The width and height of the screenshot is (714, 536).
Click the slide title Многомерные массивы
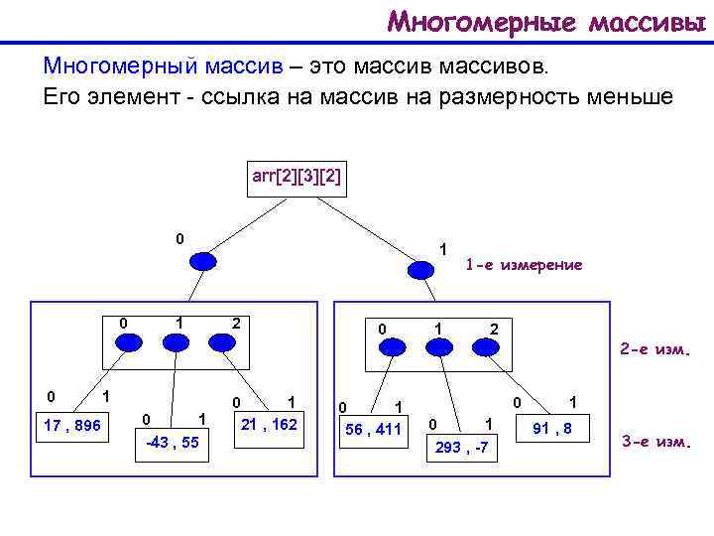[548, 21]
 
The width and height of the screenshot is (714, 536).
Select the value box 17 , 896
[72, 426]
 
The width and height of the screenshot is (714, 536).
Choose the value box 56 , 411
[374, 429]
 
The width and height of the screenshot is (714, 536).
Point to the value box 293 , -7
[461, 448]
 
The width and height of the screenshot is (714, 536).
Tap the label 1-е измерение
[524, 265]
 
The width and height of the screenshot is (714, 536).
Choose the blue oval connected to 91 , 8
[486, 347]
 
